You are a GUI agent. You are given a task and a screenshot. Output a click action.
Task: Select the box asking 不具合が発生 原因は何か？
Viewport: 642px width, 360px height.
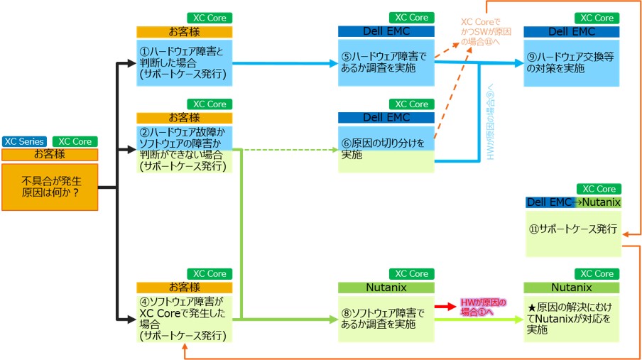49,187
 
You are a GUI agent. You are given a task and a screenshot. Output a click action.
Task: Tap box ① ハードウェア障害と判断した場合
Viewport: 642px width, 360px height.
184,62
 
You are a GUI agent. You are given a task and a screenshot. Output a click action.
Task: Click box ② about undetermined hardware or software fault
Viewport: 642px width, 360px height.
184,150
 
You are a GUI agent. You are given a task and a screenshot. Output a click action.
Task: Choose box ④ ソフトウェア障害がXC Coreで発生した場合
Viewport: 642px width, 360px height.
184,318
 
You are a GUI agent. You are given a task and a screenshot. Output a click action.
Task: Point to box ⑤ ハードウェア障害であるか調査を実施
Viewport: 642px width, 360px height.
386,62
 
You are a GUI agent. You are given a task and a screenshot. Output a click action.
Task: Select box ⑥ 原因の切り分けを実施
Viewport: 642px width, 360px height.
386,149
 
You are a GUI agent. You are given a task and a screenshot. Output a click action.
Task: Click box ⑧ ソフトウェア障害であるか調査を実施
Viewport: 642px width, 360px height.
386,318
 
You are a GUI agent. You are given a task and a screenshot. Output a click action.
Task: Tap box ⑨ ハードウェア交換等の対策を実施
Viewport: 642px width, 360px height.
572,62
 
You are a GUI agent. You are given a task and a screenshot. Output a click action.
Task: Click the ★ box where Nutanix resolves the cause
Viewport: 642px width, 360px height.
572,318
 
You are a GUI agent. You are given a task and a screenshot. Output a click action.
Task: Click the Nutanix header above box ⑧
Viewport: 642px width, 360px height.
386,288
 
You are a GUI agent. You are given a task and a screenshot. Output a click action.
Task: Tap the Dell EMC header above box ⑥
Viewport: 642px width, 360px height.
386,117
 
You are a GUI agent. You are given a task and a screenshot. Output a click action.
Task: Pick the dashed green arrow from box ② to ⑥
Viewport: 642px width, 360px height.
291,150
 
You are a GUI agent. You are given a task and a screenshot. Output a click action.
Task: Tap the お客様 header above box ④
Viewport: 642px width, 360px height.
184,288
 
